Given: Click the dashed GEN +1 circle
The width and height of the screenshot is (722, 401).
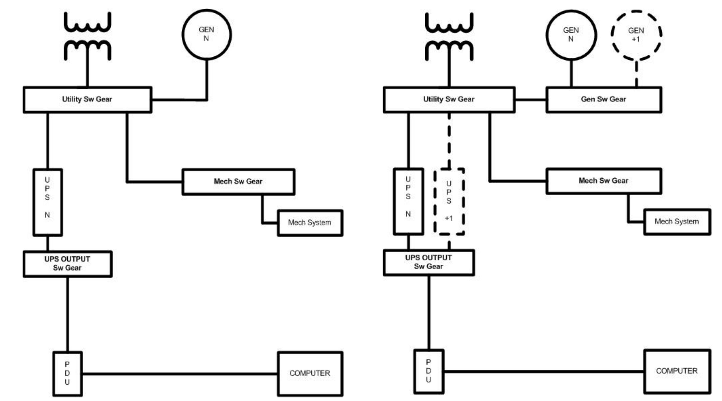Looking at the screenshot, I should point(636,35).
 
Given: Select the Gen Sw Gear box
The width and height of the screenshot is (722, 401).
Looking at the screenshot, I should point(604,99).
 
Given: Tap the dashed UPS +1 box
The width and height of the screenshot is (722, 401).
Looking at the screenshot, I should point(449,201).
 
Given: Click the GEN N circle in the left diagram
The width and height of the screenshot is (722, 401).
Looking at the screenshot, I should point(207,34).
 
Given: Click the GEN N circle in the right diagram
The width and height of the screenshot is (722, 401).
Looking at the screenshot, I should point(571,35).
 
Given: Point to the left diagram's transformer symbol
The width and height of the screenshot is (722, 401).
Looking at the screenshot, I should point(87,36).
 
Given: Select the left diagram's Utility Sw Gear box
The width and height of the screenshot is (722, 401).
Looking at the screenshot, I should point(87,99).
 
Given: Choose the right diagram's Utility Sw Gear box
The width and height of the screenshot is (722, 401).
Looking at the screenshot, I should point(449,99).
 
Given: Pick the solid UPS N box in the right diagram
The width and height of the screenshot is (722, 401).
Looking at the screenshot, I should point(408,201).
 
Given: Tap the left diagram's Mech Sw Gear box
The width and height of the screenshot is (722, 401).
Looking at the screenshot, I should point(238,182).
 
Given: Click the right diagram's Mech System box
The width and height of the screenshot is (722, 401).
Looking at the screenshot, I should point(677,222).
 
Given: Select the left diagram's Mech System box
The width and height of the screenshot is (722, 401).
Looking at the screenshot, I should point(310,223).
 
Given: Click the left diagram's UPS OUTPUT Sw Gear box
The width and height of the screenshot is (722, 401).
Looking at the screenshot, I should point(68,264).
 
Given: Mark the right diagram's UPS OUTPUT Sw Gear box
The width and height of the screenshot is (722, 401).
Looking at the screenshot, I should point(429,262).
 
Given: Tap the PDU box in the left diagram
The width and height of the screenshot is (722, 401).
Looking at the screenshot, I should point(67,373).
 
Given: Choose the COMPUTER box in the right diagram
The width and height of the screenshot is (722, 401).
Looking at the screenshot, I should point(677,371).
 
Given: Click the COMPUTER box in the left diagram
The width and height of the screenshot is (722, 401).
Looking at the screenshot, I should point(310,373).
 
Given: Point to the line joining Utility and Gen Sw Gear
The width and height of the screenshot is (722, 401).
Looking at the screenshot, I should point(531,99).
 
